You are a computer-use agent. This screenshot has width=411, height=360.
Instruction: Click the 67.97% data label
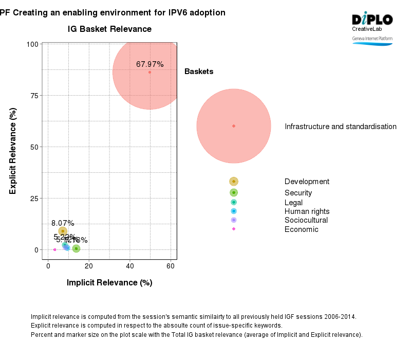[150, 64]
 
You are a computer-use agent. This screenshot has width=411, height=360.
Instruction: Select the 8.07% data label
[63, 223]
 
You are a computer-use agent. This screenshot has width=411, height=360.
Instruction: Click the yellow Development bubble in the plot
[63, 231]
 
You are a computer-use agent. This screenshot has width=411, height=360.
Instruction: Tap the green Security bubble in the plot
[76, 248]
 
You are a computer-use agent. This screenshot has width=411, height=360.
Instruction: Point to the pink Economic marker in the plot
[54, 249]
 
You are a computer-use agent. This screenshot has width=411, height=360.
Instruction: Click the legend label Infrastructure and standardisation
[341, 127]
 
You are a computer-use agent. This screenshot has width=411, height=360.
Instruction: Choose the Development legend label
[307, 182]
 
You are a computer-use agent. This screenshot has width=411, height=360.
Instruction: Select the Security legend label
[298, 193]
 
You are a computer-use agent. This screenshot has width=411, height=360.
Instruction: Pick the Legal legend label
[293, 203]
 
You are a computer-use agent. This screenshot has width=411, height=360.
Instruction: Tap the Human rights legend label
[307, 211]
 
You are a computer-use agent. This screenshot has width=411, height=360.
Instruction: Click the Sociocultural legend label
[306, 220]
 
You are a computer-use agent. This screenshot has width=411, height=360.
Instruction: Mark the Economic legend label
[301, 229]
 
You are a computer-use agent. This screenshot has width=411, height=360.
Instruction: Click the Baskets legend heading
[199, 72]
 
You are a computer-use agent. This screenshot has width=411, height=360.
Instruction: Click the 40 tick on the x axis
[129, 266]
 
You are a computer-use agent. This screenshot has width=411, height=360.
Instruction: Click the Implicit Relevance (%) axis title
[109, 283]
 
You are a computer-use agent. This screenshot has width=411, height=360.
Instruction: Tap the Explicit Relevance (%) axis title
[13, 151]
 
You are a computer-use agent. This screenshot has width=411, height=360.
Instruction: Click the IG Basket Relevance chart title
[109, 29]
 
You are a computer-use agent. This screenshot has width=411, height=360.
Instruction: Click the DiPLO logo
[372, 20]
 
